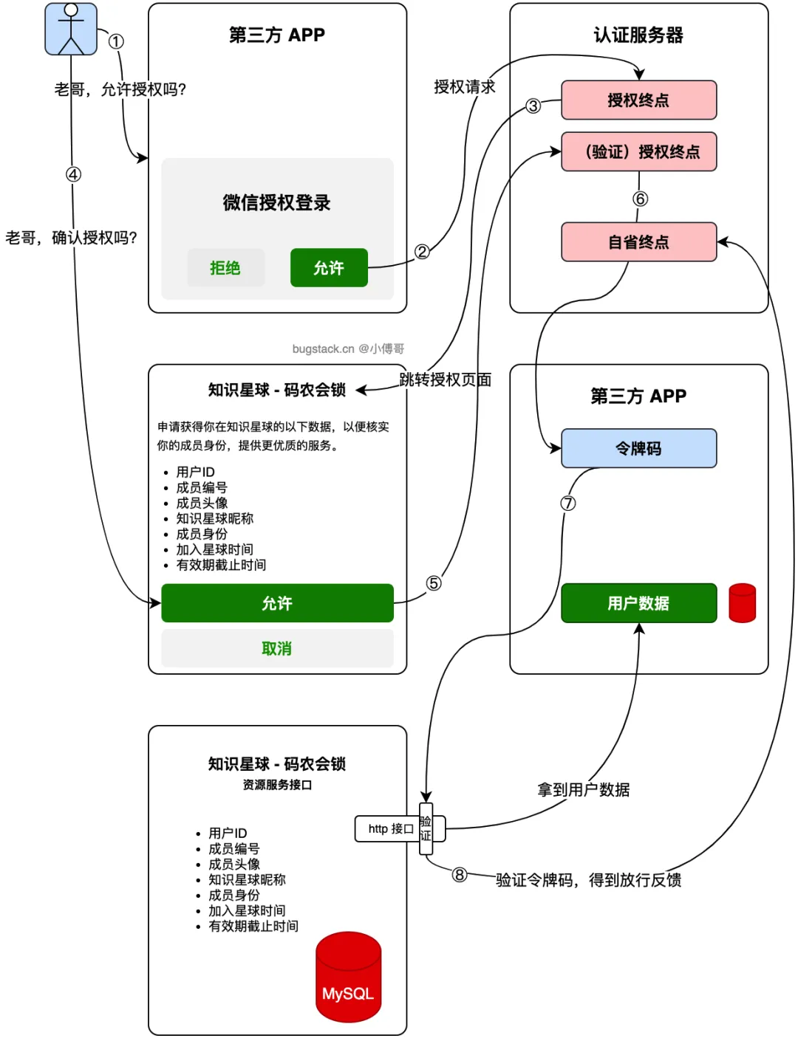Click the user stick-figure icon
click(x=71, y=30)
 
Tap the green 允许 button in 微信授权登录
click(x=329, y=268)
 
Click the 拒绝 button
click(x=225, y=268)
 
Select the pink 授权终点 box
click(x=638, y=100)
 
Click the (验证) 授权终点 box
click(x=638, y=152)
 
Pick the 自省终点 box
click(x=638, y=242)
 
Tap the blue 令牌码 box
click(x=638, y=448)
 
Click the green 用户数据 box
click(x=638, y=603)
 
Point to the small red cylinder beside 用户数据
click(x=742, y=603)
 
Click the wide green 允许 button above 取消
click(x=277, y=603)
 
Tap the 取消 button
click(x=277, y=648)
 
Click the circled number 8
click(x=460, y=875)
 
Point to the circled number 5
click(x=434, y=583)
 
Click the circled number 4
click(x=73, y=174)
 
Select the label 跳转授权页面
click(x=445, y=379)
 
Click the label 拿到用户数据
click(x=583, y=790)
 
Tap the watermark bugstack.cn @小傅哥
click(x=348, y=348)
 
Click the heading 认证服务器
click(x=638, y=35)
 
